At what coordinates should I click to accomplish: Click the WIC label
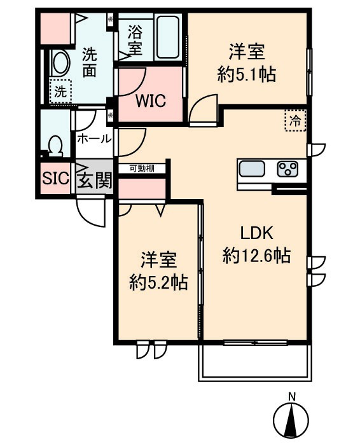[151, 100]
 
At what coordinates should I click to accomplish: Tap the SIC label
[55, 179]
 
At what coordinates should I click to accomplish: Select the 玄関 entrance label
[94, 179]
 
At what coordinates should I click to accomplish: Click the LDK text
[256, 233]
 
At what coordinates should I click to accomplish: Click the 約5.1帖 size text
[246, 74]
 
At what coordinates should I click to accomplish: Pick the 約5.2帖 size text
[158, 282]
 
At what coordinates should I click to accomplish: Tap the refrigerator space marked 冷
[295, 120]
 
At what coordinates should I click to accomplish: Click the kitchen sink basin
[252, 170]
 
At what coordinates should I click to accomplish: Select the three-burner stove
[287, 170]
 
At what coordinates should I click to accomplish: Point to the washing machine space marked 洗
[59, 91]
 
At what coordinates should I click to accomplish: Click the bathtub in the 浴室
[165, 38]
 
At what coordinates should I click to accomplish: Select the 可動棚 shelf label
[141, 168]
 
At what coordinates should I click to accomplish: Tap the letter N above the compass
[292, 397]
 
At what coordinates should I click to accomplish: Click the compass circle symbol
[292, 420]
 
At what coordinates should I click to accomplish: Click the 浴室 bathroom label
[134, 38]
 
